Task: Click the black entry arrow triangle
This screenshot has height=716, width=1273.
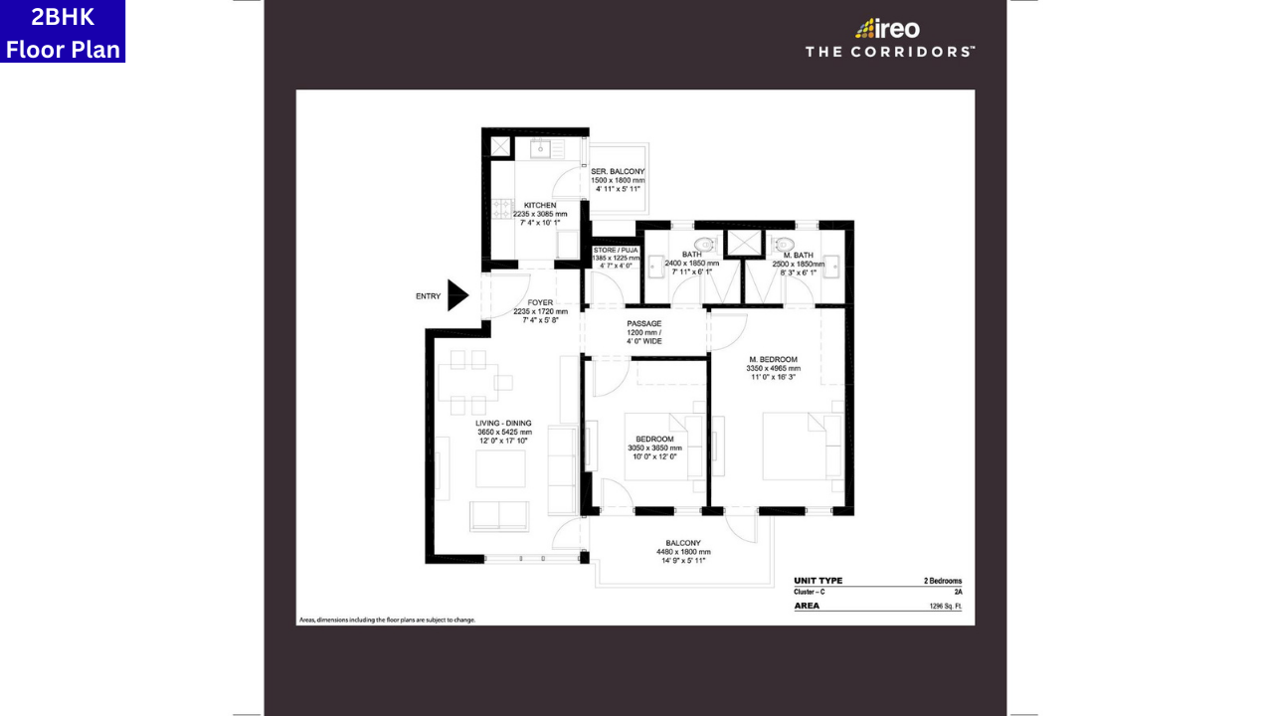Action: pos(456,295)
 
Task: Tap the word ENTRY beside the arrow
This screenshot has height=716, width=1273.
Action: pos(428,296)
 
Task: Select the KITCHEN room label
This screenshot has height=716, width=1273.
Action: pos(540,206)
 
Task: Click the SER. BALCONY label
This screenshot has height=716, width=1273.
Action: pos(618,172)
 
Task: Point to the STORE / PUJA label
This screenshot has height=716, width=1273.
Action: pos(615,251)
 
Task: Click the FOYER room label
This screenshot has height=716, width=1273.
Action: pos(540,303)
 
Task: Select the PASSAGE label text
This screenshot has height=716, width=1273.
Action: pos(643,323)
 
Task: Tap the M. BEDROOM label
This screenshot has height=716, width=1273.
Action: pos(773,359)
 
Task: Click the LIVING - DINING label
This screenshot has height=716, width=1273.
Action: pos(503,424)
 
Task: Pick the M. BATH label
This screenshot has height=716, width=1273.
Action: pos(800,256)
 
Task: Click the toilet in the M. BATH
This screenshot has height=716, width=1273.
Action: pos(784,244)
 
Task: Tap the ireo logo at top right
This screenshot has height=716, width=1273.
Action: pos(888,28)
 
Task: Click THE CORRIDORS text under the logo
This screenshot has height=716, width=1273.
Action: pos(889,52)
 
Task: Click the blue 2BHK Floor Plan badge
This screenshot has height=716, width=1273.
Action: pos(63,32)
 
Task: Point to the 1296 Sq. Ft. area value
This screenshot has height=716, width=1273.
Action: pos(945,606)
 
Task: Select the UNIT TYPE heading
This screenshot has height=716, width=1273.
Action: pos(818,581)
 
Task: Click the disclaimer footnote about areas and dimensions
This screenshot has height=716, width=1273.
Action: pos(387,620)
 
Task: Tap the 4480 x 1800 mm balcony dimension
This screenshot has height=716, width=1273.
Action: pos(683,552)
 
